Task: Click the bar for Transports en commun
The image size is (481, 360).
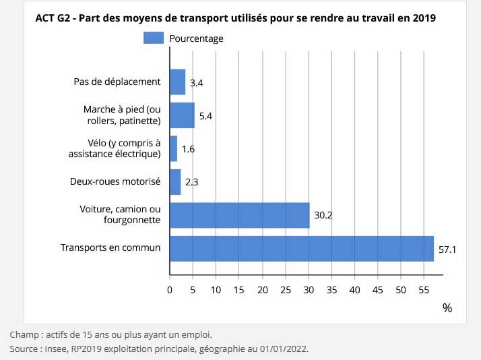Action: pos(301,248)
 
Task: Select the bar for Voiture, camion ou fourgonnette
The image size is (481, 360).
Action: pos(239,215)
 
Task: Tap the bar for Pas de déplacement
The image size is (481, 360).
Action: pos(177,82)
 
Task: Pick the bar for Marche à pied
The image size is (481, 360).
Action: pos(182,115)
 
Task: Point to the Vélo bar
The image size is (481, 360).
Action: pos(173,148)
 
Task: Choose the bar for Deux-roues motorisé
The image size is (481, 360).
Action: pos(175,182)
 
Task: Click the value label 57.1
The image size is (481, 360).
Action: pos(448,249)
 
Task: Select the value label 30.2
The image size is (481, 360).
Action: pos(323,216)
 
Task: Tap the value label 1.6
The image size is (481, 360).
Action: pos(188,149)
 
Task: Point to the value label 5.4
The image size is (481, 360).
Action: pos(206,116)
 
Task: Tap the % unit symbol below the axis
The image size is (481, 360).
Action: pos(447,307)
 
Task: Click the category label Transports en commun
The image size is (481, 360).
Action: pos(110,247)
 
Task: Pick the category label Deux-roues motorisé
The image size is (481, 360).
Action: pos(115,181)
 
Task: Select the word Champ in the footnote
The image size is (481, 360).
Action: pos(24,334)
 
